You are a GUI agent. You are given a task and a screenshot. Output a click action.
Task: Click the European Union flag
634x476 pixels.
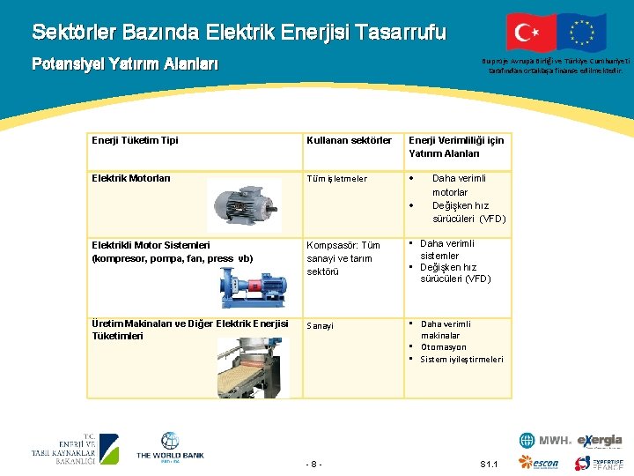pos(582,32)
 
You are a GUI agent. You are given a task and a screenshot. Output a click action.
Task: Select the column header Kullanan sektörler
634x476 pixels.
pos(349,140)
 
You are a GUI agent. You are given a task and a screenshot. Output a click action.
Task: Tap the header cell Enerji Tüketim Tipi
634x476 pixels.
pos(135,140)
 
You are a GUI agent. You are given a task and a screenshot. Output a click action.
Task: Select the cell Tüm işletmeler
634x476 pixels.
pos(337,179)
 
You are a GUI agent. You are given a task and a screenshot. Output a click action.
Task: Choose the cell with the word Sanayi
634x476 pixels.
pos(321,325)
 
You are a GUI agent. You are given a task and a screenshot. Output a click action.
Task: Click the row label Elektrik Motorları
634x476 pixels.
pos(131,178)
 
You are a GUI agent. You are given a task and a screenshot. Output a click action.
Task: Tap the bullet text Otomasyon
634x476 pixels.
pos(444,347)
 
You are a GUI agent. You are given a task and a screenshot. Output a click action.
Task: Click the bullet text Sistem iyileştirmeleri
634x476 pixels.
pos(461,360)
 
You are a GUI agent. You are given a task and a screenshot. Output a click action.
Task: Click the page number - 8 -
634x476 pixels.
pos(314,464)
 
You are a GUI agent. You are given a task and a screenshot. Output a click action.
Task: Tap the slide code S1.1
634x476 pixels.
pos(490,464)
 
